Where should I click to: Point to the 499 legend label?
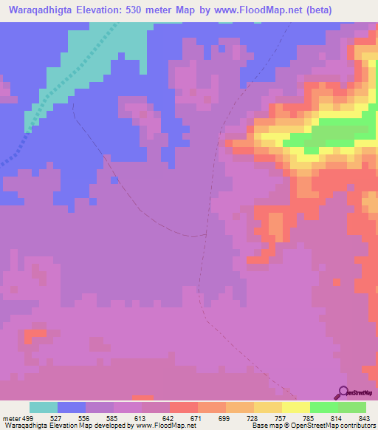[28, 418]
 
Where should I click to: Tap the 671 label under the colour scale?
[194, 418]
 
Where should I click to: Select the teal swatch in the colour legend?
[44, 407]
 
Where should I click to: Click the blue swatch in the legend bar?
[72, 407]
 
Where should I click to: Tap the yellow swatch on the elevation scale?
[295, 407]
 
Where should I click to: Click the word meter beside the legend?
[10, 418]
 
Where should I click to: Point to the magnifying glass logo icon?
[343, 392]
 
